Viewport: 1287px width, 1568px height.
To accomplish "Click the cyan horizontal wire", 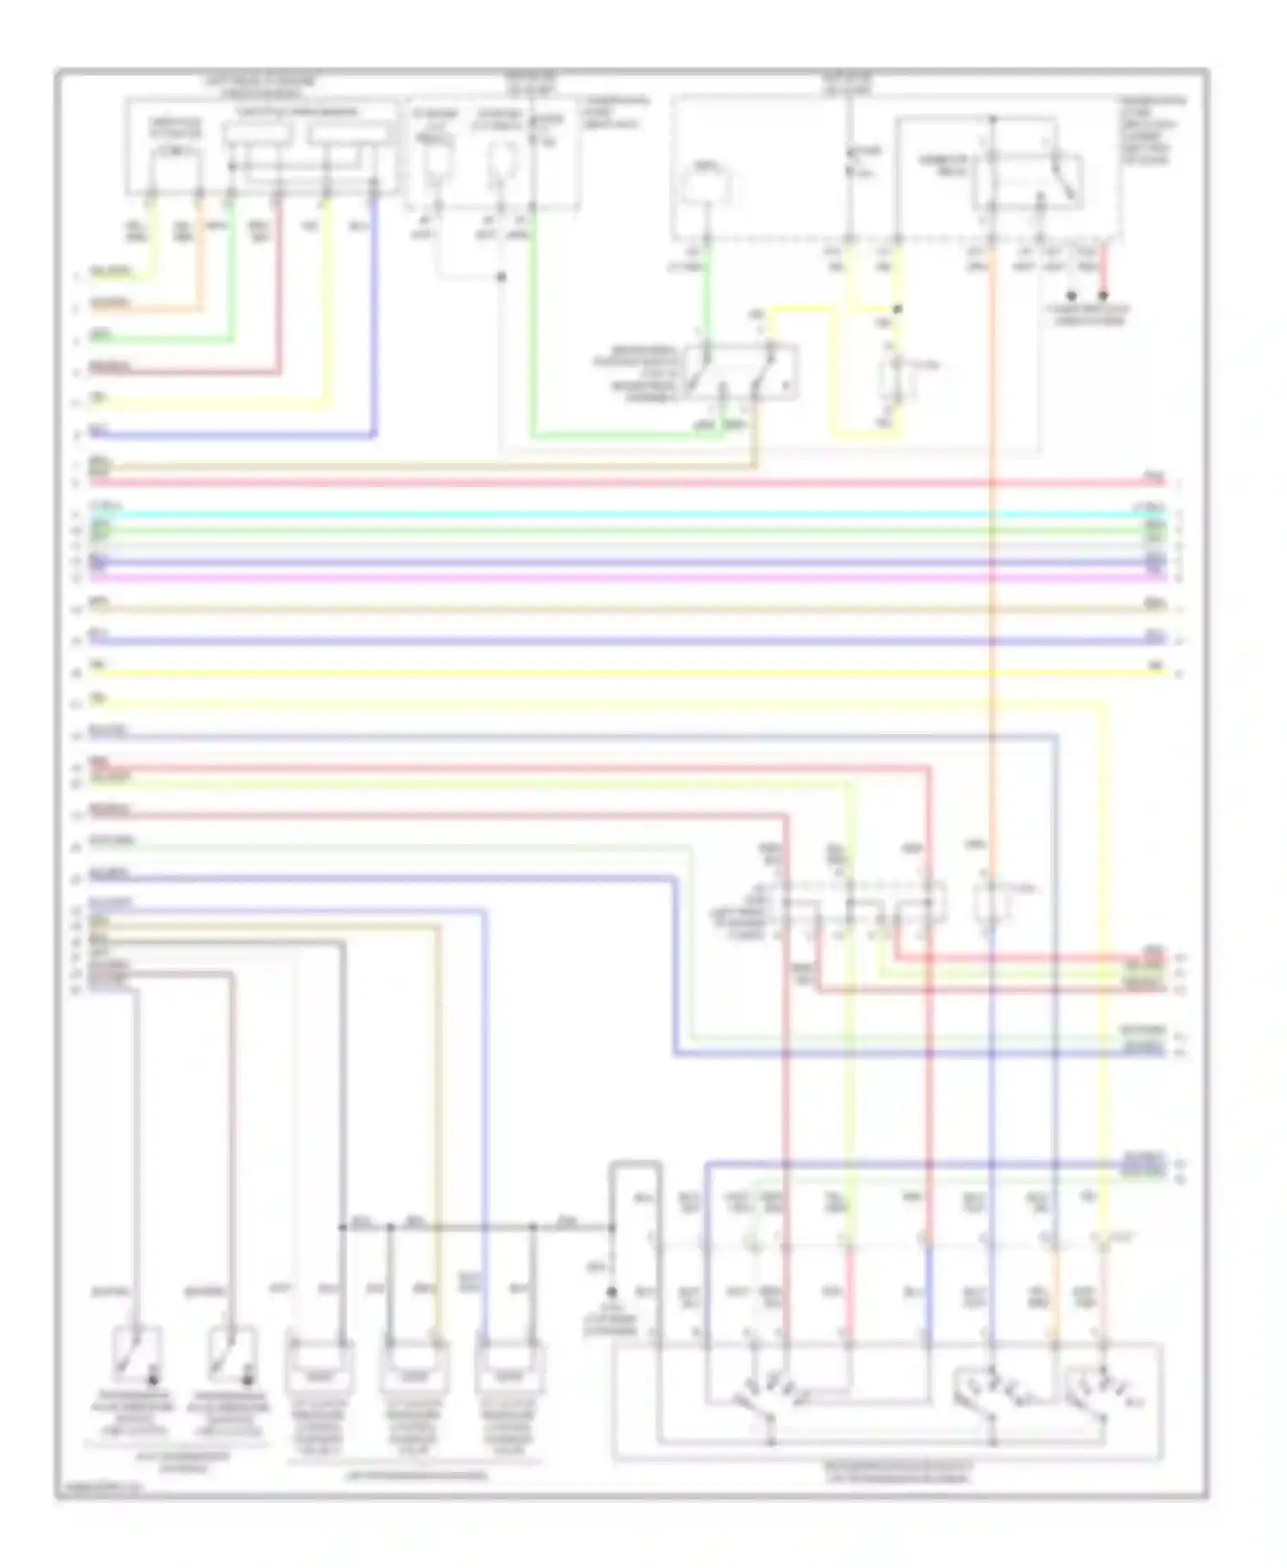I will pos(601,515).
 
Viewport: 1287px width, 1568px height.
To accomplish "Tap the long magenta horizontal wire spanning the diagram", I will pos(601,577).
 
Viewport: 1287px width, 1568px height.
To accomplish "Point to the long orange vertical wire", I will pos(991,600).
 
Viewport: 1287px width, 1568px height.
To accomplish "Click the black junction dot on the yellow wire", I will pos(897,309).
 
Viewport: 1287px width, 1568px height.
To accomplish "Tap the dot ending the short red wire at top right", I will pos(1103,296).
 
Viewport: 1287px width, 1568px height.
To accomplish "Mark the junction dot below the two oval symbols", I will pos(502,277).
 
